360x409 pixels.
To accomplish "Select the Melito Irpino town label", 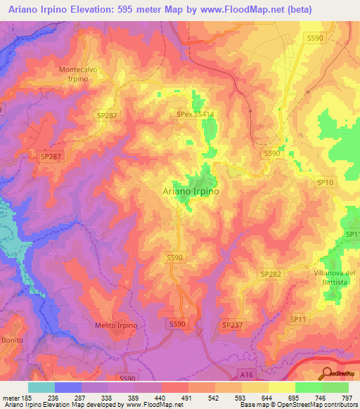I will click(x=117, y=325).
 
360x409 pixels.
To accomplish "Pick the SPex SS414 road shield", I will click(x=195, y=112).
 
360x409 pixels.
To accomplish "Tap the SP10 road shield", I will click(x=325, y=183).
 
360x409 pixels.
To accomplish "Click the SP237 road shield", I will click(x=232, y=325).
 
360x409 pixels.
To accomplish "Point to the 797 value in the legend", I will click(x=348, y=397).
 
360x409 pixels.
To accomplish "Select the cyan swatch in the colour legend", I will click(x=41, y=387).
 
